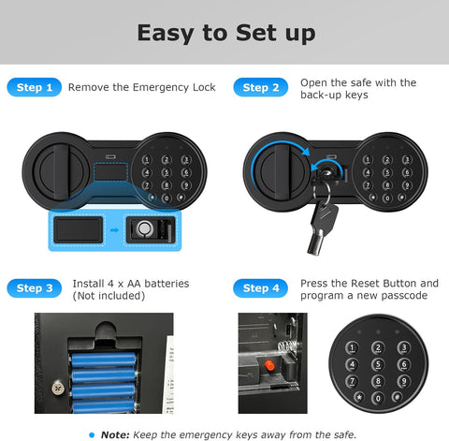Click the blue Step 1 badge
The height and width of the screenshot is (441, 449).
coord(35,87)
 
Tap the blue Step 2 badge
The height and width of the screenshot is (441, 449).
coord(261,87)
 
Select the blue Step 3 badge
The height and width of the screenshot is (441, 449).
coord(35,288)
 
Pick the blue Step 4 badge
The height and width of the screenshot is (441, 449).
coord(261,288)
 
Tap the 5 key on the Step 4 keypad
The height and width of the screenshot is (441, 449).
coord(377,366)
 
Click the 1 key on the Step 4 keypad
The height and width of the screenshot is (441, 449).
coord(352,348)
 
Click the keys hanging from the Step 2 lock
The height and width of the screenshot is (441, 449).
coord(314,217)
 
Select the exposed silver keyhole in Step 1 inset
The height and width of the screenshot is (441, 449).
coord(143,228)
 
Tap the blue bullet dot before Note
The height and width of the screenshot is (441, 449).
coord(91,433)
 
